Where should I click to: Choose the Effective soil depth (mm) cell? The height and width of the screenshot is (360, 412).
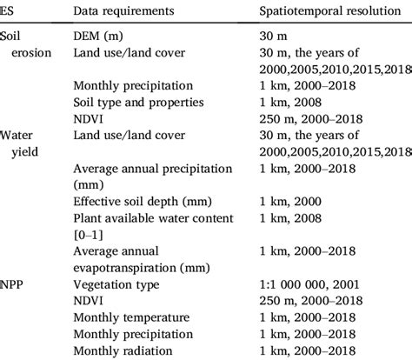point(136,201)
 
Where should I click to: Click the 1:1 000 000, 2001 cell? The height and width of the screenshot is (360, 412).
point(296,283)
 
